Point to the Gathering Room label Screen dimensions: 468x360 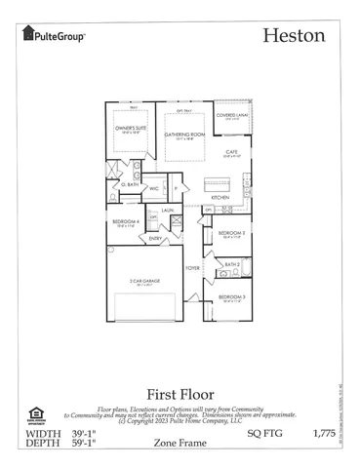click(x=179, y=135)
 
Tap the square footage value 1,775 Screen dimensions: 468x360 click(x=323, y=430)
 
